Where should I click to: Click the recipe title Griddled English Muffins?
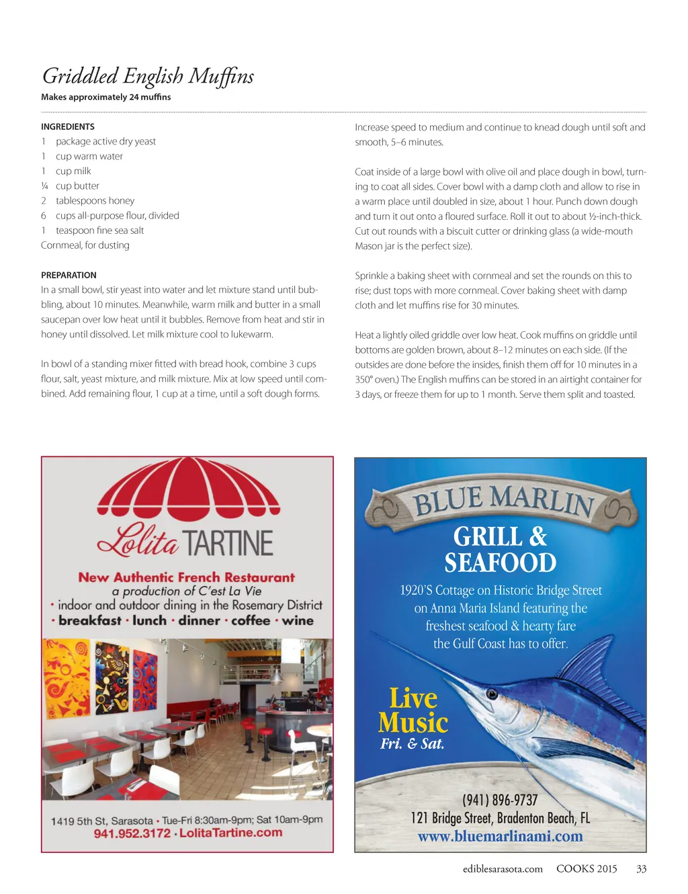[x=148, y=76]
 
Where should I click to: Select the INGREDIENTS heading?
[x=68, y=126]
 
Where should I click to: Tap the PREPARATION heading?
[x=69, y=275]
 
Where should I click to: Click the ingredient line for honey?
[x=95, y=200]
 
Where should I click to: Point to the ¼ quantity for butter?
[x=44, y=186]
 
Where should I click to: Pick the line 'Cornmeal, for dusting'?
[x=85, y=245]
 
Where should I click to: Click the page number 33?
[x=641, y=868]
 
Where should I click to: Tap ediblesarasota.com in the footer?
[x=503, y=868]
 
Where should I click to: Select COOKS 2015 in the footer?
[x=586, y=868]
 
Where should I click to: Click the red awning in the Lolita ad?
[x=188, y=487]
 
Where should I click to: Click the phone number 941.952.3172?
[x=132, y=834]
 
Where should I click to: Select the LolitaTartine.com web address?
[x=230, y=833]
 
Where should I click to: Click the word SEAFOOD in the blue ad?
[x=500, y=563]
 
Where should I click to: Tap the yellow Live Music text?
[x=413, y=710]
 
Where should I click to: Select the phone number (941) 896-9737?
[x=500, y=800]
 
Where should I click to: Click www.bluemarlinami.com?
[x=500, y=837]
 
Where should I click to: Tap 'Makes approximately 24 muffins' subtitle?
[x=106, y=97]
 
